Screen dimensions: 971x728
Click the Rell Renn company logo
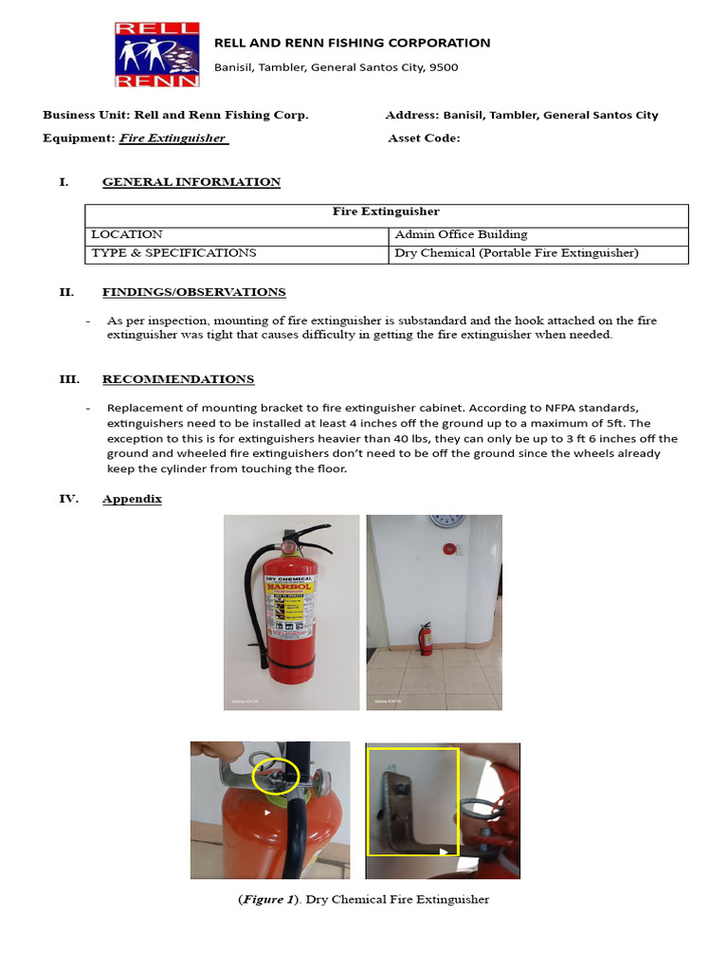(157, 54)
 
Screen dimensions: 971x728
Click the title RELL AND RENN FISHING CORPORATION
(352, 43)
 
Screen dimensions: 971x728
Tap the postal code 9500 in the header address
(443, 67)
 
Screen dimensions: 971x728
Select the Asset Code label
(424, 138)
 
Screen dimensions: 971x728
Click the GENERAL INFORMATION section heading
(191, 182)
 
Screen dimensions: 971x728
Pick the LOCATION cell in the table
(127, 234)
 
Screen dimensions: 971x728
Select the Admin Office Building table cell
(461, 234)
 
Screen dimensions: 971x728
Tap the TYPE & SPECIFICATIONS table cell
(173, 253)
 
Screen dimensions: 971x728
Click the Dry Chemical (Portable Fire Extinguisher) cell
(517, 253)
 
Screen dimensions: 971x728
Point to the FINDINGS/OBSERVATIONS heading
(193, 292)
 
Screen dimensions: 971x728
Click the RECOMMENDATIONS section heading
(178, 379)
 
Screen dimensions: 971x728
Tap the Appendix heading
(132, 499)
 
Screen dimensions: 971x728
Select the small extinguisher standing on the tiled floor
(427, 639)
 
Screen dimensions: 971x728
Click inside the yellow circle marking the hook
(275, 776)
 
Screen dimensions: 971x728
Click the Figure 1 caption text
(363, 899)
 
